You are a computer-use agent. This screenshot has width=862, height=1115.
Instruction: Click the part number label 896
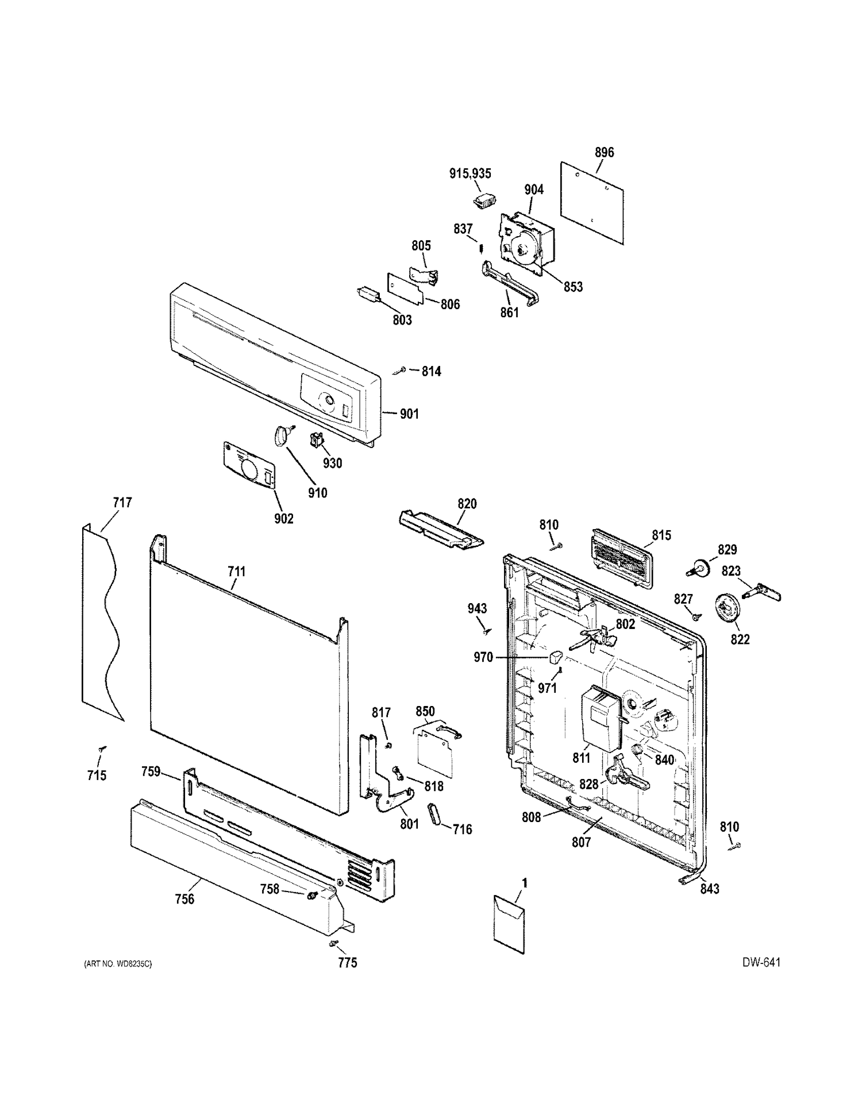click(604, 152)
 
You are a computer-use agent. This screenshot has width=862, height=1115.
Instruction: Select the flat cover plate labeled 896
click(592, 203)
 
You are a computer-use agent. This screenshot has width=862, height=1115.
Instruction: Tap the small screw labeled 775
click(334, 943)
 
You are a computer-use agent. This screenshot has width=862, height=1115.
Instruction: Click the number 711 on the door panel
click(236, 571)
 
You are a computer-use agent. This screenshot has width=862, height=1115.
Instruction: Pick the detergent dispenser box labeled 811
click(601, 719)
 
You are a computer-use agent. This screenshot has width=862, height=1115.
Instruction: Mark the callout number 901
click(409, 414)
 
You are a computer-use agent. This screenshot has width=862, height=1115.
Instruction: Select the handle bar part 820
click(441, 529)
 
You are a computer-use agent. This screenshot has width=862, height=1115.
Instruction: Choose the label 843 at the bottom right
click(710, 889)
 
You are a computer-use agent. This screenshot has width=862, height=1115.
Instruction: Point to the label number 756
click(184, 899)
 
